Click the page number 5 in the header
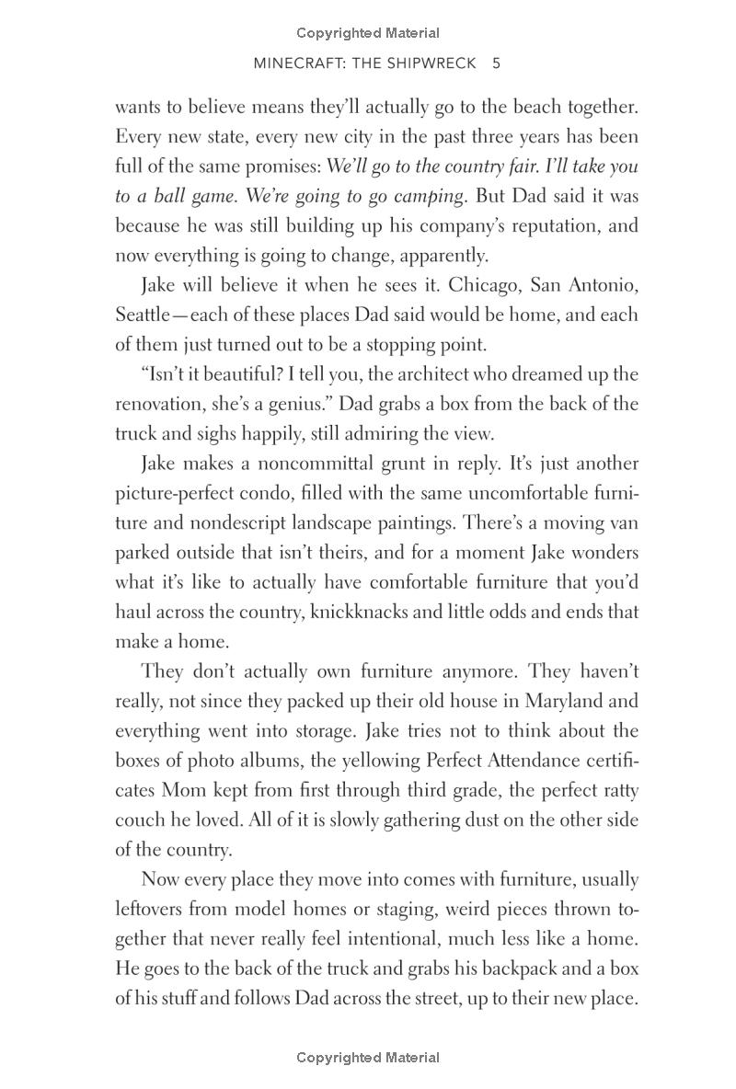coord(496,63)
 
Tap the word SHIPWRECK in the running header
coord(431,63)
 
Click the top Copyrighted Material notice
coord(368,33)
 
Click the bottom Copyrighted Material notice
coord(368,1058)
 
